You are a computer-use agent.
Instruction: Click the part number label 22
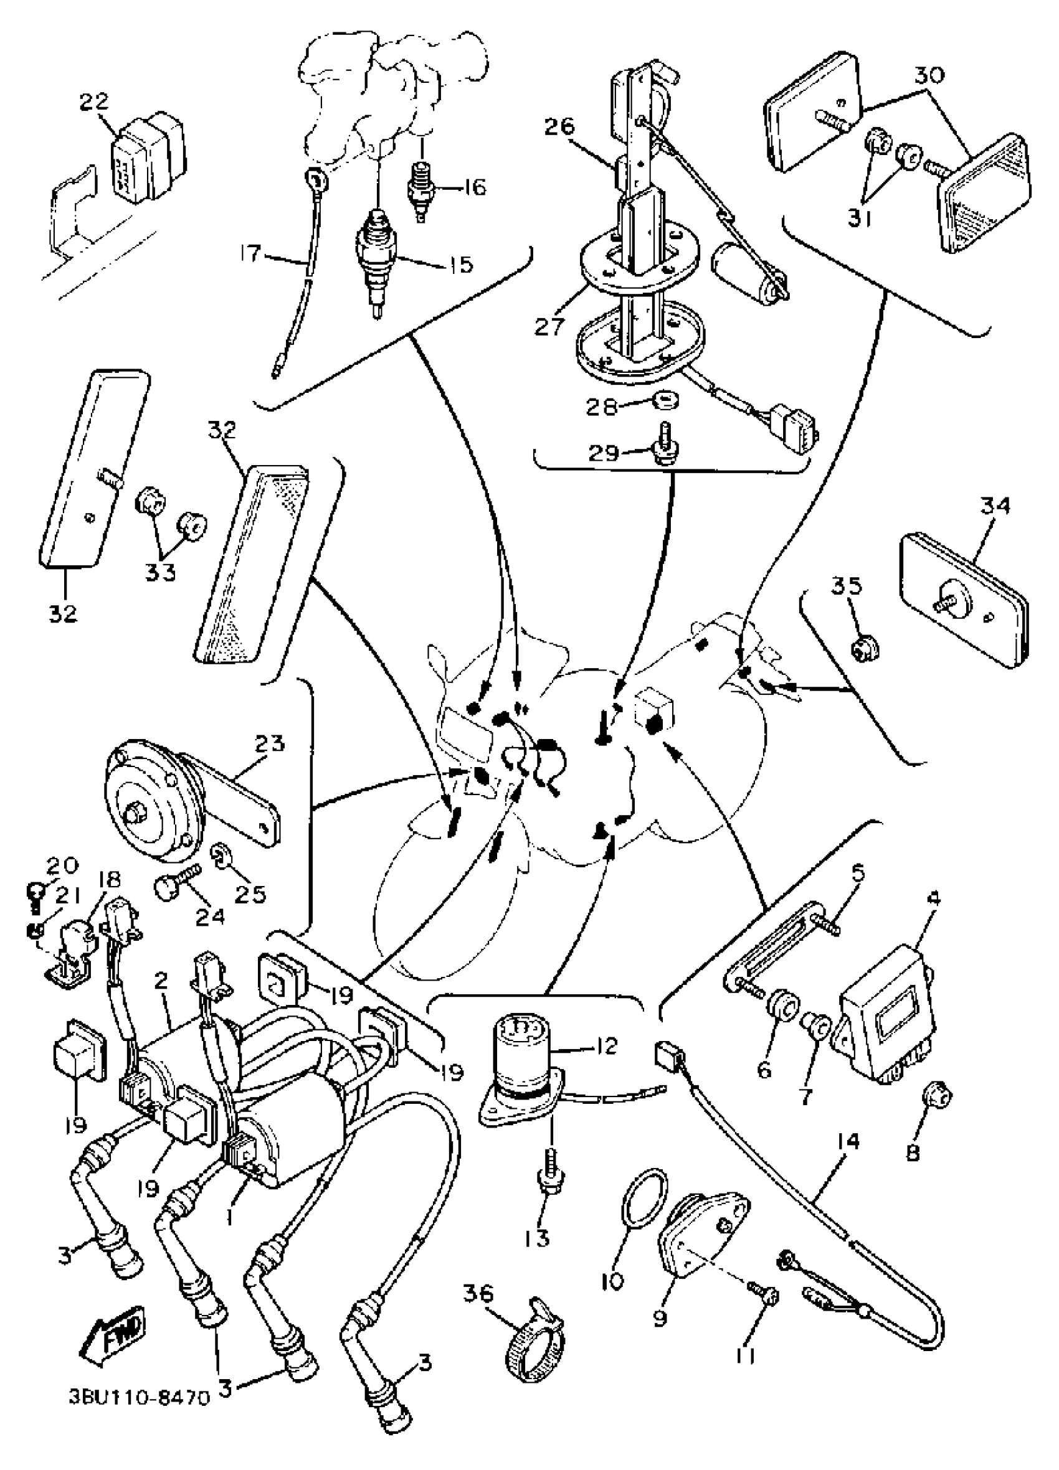coord(95,101)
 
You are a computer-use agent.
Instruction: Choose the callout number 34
coord(995,506)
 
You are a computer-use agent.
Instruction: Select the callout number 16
coord(475,187)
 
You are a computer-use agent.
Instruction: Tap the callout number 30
coord(929,75)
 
